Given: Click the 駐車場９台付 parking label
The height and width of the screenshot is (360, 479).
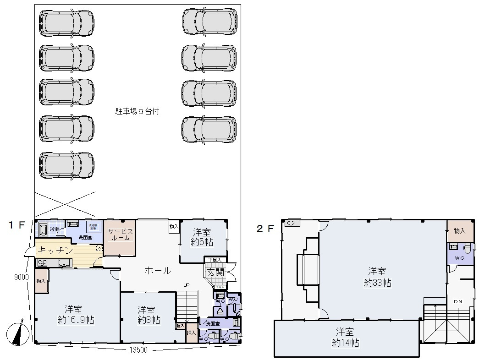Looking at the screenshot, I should coord(137,111).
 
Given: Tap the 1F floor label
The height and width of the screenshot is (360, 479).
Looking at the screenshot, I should coord(16,225).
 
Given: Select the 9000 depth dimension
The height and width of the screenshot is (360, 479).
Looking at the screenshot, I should coord(22,277).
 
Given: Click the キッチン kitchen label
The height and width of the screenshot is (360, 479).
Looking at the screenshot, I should coord(54,251).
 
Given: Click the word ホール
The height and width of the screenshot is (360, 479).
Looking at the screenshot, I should coord(158,271).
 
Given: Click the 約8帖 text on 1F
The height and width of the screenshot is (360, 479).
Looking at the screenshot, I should coord(149,320).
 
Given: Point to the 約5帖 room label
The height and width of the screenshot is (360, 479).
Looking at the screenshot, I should coord(202,241).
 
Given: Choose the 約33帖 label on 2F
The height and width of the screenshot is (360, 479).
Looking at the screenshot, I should coord(378,283).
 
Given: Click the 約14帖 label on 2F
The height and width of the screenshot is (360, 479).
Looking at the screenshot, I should coord(346,343).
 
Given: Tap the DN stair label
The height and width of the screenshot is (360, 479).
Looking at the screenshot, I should coord(458,301).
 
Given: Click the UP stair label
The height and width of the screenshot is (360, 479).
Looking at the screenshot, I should coord(187,284).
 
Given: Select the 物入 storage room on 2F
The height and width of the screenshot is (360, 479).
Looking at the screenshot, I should coord(459,231).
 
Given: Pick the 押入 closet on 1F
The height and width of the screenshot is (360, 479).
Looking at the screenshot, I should coord(191,333).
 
